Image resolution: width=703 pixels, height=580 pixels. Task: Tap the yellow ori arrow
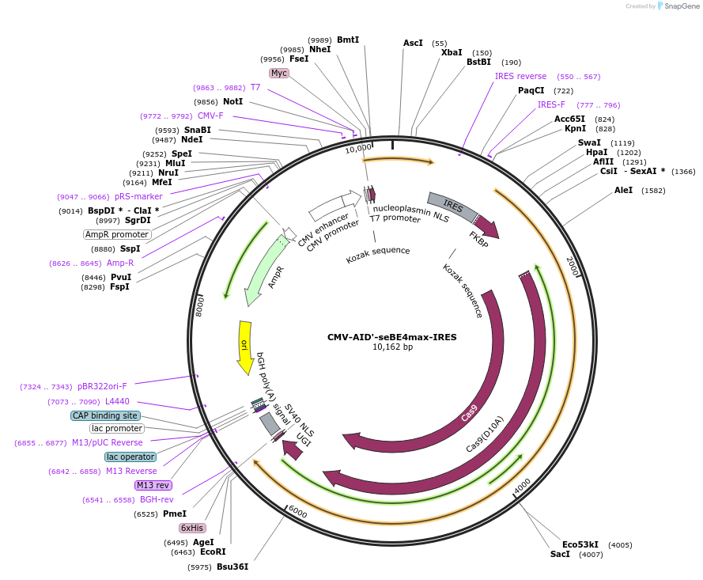pyautogui.click(x=245, y=347)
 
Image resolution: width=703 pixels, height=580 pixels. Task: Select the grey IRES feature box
pyautogui.click(x=452, y=207)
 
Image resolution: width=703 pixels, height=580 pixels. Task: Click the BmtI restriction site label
pyautogui.click(x=348, y=40)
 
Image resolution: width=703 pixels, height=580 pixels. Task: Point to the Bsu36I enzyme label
pyautogui.click(x=232, y=567)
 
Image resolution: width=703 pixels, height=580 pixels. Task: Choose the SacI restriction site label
pyautogui.click(x=559, y=555)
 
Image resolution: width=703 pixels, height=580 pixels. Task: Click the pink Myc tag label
pyautogui.click(x=278, y=73)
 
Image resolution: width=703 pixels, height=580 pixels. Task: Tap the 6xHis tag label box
pyautogui.click(x=192, y=528)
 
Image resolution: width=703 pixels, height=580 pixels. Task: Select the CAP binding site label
pyautogui.click(x=105, y=415)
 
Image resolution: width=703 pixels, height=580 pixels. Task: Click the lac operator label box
pyautogui.click(x=130, y=457)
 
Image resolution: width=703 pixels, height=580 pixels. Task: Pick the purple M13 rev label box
pyautogui.click(x=153, y=485)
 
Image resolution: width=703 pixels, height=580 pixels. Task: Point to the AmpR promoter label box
pyautogui.click(x=117, y=234)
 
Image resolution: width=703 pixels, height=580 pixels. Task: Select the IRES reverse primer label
pyautogui.click(x=520, y=76)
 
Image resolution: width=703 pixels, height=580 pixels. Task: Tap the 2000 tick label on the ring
pyautogui.click(x=573, y=267)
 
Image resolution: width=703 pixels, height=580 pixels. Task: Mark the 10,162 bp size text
pyautogui.click(x=392, y=347)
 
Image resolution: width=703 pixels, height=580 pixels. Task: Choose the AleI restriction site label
pyautogui.click(x=624, y=190)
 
